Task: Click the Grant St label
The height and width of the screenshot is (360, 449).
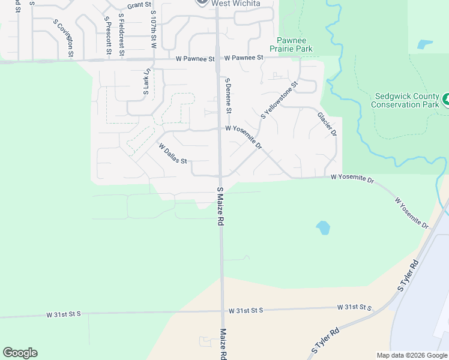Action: point(138,5)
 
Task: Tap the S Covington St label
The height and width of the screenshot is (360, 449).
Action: point(64,38)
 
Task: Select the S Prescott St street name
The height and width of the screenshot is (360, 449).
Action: point(107,35)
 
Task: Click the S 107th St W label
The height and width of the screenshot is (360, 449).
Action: point(154,29)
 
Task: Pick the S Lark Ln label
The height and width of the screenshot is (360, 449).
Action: point(145,82)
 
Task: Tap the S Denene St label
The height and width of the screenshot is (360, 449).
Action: point(228,96)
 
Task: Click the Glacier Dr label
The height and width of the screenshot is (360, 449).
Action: point(327,124)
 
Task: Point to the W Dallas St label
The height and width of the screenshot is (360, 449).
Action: point(173,154)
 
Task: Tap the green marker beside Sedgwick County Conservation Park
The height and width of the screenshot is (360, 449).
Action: point(446,100)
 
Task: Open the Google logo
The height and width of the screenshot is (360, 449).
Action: point(20,353)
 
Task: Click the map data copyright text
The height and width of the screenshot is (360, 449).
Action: point(411,355)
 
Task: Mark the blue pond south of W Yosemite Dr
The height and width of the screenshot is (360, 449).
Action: point(323,227)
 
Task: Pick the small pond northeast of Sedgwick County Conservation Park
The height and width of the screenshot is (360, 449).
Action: point(425,44)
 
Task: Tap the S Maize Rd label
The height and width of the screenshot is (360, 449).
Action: point(220,206)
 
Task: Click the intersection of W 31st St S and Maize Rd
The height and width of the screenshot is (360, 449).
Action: point(221,311)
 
